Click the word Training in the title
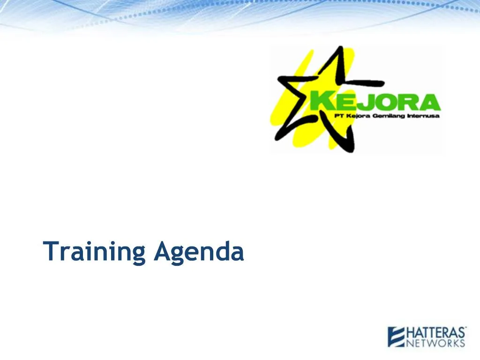point(95,252)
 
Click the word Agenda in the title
point(199,252)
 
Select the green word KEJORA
point(375,102)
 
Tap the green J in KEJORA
point(361,102)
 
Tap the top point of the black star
point(339,48)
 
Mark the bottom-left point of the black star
point(277,137)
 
